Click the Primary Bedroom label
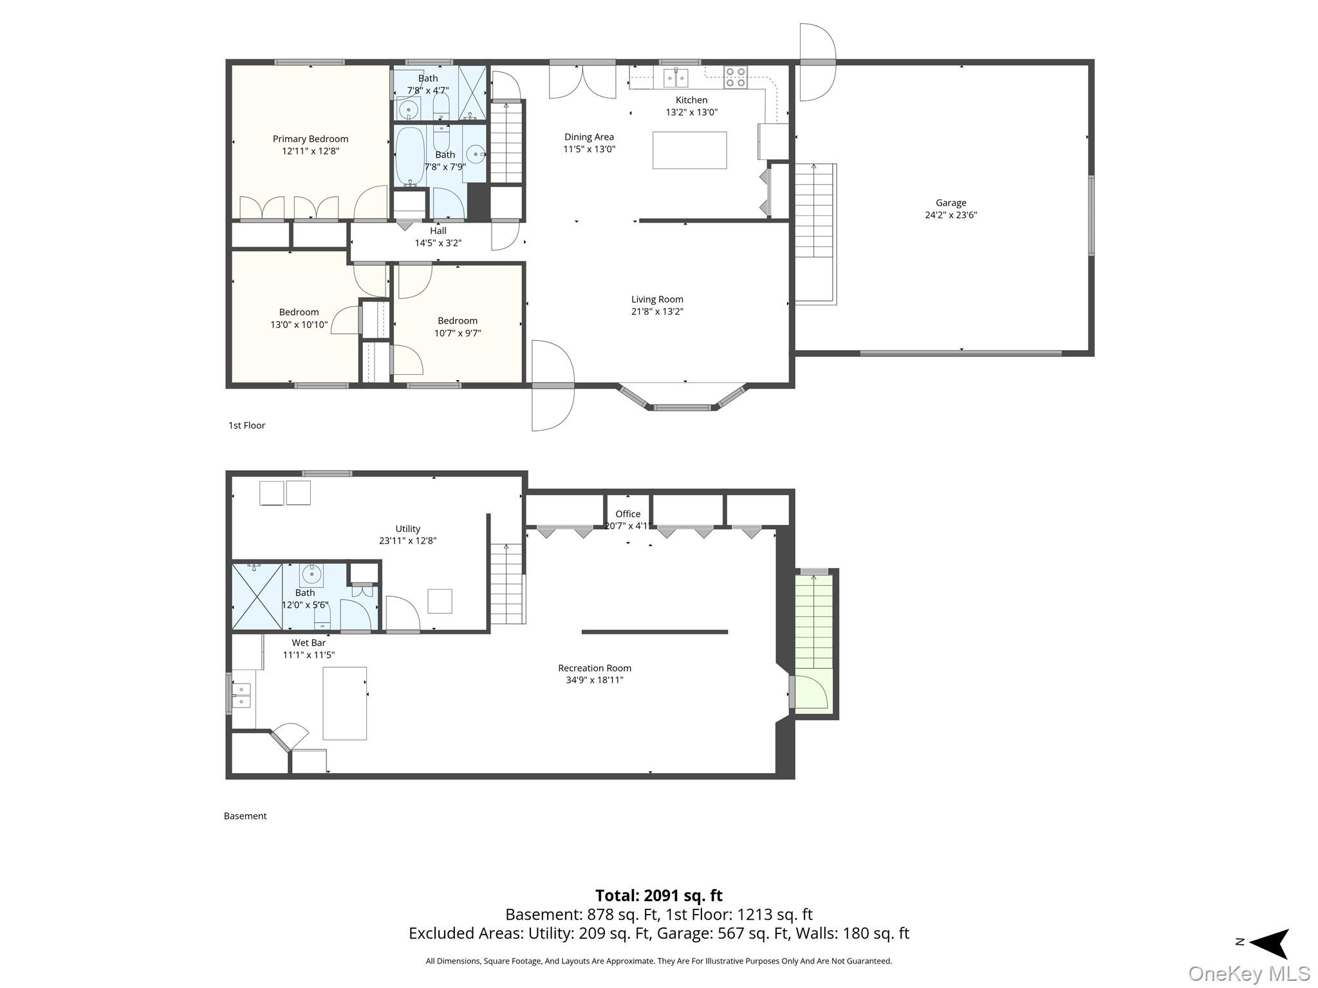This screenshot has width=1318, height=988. pyautogui.click(x=310, y=139)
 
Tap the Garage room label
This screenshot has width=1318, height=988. pyautogui.click(x=951, y=203)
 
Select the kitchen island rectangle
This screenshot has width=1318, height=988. pyautogui.click(x=689, y=151)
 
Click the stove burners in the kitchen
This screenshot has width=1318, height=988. pyautogui.click(x=736, y=77)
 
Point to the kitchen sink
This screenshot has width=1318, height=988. pyautogui.click(x=676, y=78)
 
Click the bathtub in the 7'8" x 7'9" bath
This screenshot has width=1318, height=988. pyautogui.click(x=409, y=156)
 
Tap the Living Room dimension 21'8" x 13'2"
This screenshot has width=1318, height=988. pyautogui.click(x=657, y=311)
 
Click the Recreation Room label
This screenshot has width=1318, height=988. pyautogui.click(x=595, y=668)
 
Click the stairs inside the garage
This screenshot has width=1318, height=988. pyautogui.click(x=815, y=233)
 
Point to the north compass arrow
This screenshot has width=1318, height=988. pyautogui.click(x=1268, y=944)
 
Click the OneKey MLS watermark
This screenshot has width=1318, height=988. pyautogui.click(x=1249, y=973)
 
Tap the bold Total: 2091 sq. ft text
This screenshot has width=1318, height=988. pyautogui.click(x=658, y=895)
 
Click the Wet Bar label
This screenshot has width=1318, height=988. pyautogui.click(x=309, y=643)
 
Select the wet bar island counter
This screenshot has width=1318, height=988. pyautogui.click(x=345, y=703)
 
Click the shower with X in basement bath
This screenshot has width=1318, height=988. pyautogui.click(x=257, y=596)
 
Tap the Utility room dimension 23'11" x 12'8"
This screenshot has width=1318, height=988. pyautogui.click(x=407, y=541)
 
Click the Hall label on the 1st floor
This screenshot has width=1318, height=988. pyautogui.click(x=438, y=230)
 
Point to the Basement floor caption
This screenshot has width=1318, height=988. pyautogui.click(x=245, y=816)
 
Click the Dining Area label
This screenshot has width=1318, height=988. pyautogui.click(x=589, y=137)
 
